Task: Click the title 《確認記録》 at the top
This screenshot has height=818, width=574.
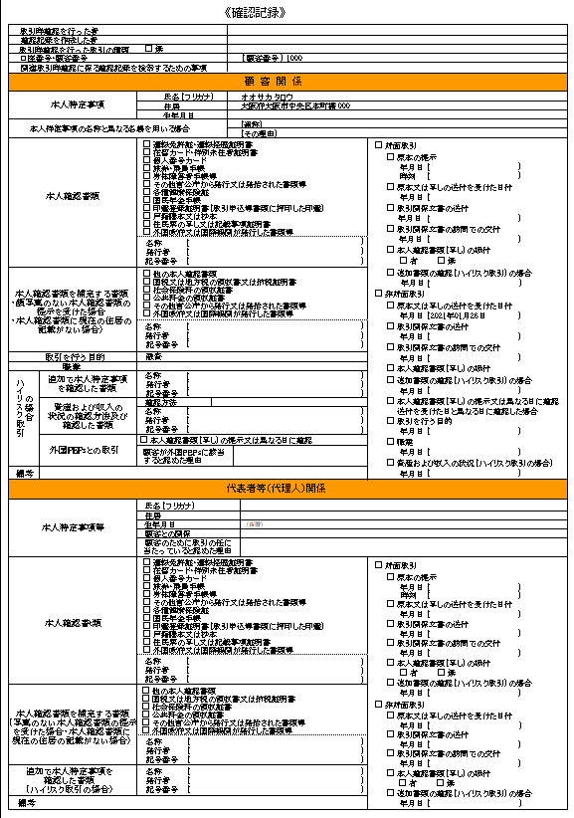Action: click(x=287, y=12)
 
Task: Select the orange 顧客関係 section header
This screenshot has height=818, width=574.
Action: click(x=287, y=82)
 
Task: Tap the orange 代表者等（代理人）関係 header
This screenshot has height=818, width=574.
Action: click(x=287, y=490)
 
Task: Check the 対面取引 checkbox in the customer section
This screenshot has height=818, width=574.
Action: click(x=377, y=145)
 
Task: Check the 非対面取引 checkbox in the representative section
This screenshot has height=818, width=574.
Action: click(x=377, y=704)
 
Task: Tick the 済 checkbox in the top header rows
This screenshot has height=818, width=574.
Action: click(x=148, y=49)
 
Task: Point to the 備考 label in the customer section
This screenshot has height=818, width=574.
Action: click(x=25, y=474)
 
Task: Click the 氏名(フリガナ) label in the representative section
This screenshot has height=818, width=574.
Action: click(x=173, y=507)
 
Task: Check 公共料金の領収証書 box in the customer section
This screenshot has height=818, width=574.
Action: click(x=147, y=295)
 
